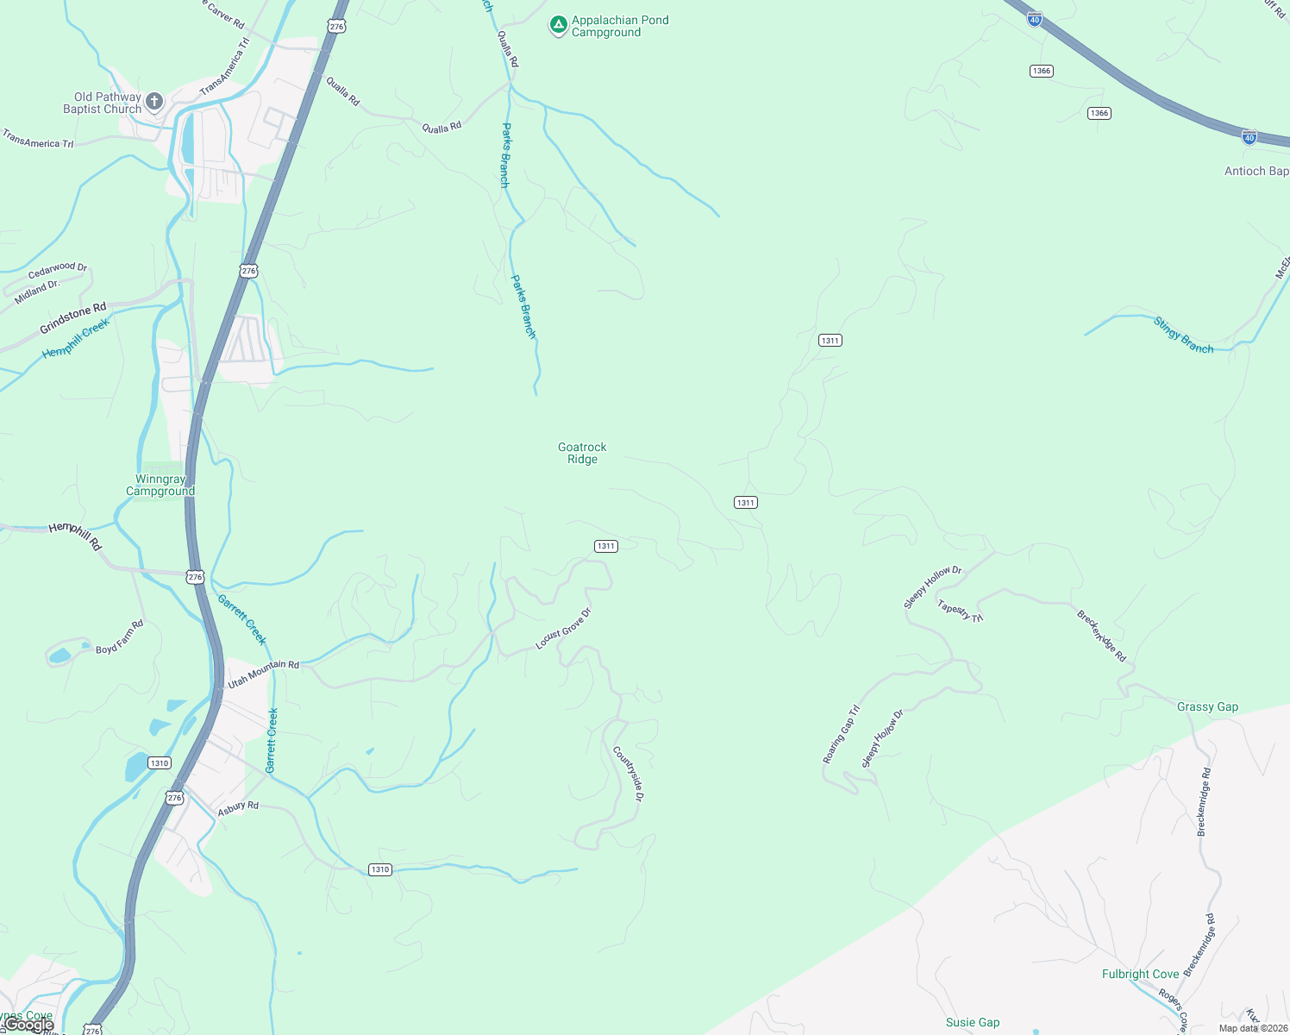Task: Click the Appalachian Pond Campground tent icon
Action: (x=559, y=25)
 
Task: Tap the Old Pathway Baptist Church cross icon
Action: (x=154, y=102)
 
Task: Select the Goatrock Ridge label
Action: (x=582, y=453)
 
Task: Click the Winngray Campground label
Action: (x=160, y=485)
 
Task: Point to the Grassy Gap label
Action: (x=1207, y=706)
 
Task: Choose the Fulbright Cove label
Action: (x=1140, y=974)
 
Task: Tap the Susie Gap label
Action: (x=973, y=1022)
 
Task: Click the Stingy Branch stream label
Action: (x=1183, y=336)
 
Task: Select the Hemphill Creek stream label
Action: (x=76, y=338)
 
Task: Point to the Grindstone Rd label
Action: (x=73, y=318)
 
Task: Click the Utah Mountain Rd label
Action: (x=263, y=674)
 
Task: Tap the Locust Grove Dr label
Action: (x=563, y=629)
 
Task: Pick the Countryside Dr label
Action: (x=628, y=774)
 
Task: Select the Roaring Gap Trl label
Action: (x=841, y=735)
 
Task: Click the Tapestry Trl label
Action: (x=960, y=611)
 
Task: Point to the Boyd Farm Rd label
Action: (x=120, y=637)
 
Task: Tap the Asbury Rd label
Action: (x=238, y=808)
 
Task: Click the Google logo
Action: (x=29, y=1025)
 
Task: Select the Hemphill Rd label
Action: (x=75, y=535)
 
